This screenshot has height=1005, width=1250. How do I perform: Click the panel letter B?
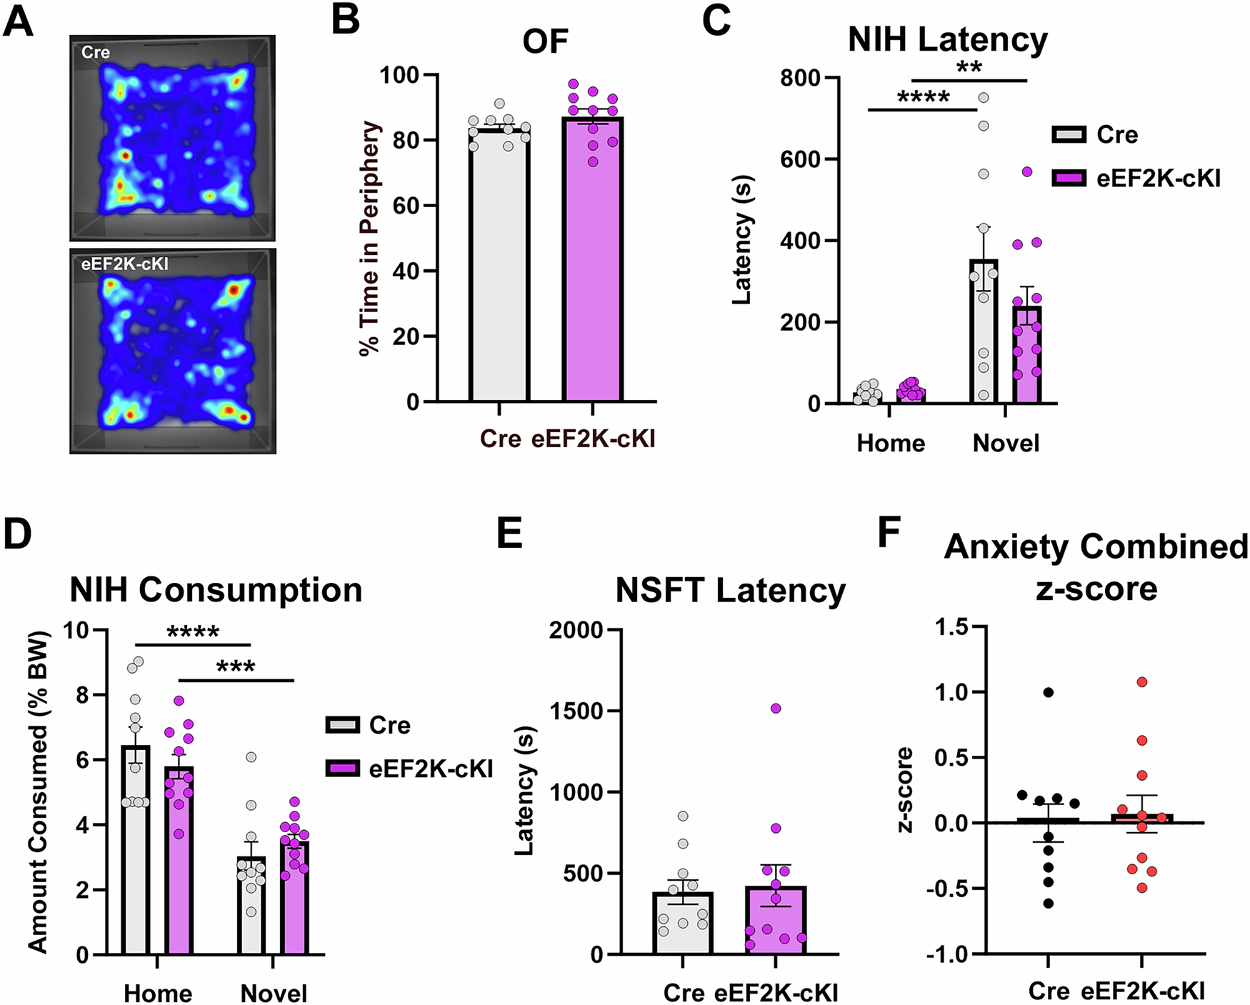pyautogui.click(x=346, y=20)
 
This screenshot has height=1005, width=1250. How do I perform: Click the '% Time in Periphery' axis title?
pyautogui.click(x=370, y=238)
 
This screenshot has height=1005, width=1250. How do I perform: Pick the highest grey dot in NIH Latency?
pyautogui.click(x=984, y=97)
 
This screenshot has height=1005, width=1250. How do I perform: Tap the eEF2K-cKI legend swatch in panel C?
pyautogui.click(x=1069, y=178)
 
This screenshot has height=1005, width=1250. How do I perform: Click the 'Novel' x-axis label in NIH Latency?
pyautogui.click(x=1006, y=443)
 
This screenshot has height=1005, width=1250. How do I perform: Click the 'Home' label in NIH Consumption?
pyautogui.click(x=158, y=993)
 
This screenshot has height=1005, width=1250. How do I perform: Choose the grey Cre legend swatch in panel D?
pyautogui.click(x=342, y=725)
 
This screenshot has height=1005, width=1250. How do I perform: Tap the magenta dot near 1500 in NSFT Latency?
pyautogui.click(x=776, y=709)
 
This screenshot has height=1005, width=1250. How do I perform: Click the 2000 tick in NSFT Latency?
pyautogui.click(x=576, y=630)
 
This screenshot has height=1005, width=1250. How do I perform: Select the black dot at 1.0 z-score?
pyautogui.click(x=1048, y=692)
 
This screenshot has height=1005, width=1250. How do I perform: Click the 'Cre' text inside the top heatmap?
pyautogui.click(x=95, y=52)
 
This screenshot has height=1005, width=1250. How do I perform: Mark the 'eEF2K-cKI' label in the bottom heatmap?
pyautogui.click(x=125, y=264)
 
